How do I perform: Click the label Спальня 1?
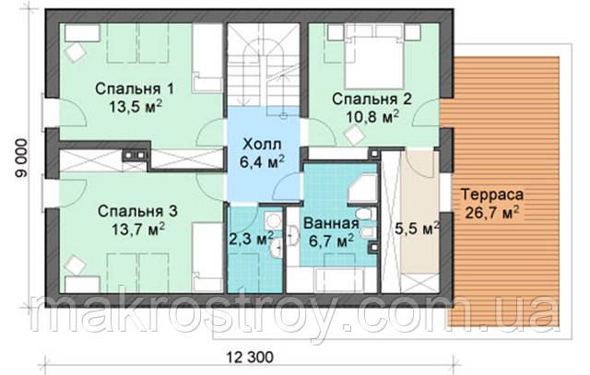coord(135,89)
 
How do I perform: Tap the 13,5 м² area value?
coord(136,107)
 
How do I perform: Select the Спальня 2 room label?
coord(372,100)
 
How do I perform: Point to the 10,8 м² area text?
coord(372,117)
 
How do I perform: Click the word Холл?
coord(262,144)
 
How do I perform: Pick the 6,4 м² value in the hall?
coord(262,162)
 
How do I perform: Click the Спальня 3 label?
coord(137,211)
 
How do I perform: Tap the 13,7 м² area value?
coord(138,229)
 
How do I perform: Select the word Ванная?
coord(331,223)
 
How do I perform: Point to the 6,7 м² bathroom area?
coord(331,240)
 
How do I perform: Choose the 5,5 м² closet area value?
coord(417,229)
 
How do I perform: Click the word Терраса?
coord(492,194)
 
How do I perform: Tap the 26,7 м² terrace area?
coord(492,213)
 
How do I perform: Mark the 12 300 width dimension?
coord(250,357)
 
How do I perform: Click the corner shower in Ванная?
coord(362,186)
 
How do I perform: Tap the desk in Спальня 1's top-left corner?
coord(82,33)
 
